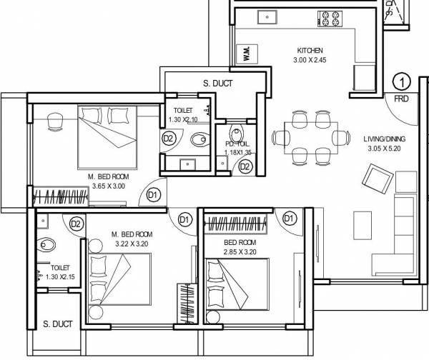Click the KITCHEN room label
point(311,50)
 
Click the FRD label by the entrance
point(400,99)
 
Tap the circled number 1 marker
point(401,81)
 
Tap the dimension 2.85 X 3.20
point(230,252)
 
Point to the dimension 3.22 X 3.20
point(131,244)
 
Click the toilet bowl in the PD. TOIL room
point(236,131)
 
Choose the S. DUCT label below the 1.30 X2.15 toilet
point(58,324)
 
